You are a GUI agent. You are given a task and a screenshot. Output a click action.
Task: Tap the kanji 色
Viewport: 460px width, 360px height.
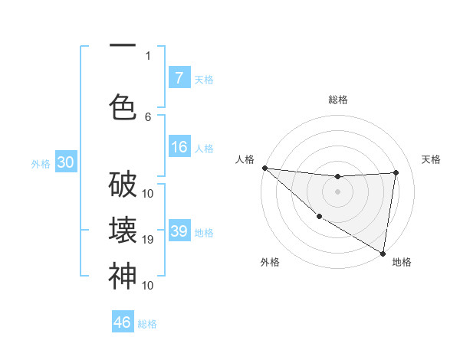click(123, 106)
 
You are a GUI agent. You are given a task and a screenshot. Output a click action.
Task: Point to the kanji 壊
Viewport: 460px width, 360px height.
click(123, 231)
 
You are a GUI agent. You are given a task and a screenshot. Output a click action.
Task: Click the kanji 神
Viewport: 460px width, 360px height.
click(123, 276)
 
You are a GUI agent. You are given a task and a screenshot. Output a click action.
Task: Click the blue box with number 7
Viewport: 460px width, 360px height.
click(179, 77)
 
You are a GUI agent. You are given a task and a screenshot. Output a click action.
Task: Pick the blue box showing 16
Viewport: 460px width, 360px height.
click(179, 147)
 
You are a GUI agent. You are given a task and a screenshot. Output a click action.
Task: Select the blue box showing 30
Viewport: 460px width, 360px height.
click(64, 163)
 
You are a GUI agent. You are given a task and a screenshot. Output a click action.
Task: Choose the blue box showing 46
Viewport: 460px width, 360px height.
click(123, 322)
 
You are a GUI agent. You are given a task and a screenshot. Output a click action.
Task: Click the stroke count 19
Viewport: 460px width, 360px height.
click(149, 240)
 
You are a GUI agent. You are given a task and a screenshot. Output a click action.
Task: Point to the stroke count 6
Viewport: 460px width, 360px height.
click(148, 117)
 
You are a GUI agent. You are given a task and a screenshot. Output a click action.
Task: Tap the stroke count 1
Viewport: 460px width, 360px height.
click(148, 55)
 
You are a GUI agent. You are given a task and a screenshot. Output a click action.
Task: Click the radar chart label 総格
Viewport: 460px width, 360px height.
click(338, 100)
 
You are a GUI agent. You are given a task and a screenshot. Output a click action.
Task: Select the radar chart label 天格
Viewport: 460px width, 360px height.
click(431, 159)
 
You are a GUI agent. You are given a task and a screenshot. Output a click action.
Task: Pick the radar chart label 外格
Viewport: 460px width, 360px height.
click(270, 262)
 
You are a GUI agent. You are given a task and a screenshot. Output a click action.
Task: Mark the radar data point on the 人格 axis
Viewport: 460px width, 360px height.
click(264, 168)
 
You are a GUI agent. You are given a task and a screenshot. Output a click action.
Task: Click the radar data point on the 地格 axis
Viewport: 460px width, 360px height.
click(383, 253)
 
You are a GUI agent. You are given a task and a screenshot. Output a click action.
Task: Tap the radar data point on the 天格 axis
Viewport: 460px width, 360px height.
click(396, 172)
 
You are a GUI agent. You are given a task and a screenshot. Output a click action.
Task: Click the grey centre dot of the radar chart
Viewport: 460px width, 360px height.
click(337, 191)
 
